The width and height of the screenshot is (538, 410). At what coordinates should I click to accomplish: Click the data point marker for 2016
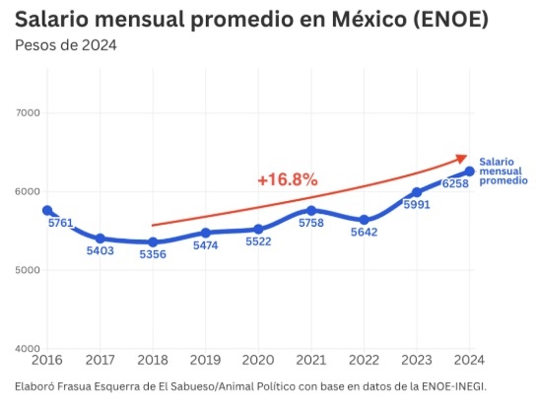click(x=47, y=210)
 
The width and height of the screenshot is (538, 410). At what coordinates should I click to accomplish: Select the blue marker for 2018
click(x=153, y=242)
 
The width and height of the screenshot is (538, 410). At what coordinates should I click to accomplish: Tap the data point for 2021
click(x=311, y=210)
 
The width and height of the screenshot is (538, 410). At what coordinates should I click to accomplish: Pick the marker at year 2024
click(x=470, y=171)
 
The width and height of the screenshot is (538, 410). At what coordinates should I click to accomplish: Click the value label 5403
click(x=101, y=252)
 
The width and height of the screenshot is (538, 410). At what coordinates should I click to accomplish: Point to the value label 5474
click(x=206, y=246)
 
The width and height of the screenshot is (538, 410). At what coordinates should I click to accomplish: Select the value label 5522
click(x=258, y=242)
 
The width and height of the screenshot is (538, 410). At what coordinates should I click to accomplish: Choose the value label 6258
click(x=455, y=184)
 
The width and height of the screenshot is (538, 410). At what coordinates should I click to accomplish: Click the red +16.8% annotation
click(x=287, y=179)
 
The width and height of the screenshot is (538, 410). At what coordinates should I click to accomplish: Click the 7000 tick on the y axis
click(x=27, y=113)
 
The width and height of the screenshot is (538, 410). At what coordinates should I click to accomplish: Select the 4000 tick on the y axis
click(x=27, y=349)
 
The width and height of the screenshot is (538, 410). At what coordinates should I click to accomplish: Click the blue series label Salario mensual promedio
click(x=503, y=171)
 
